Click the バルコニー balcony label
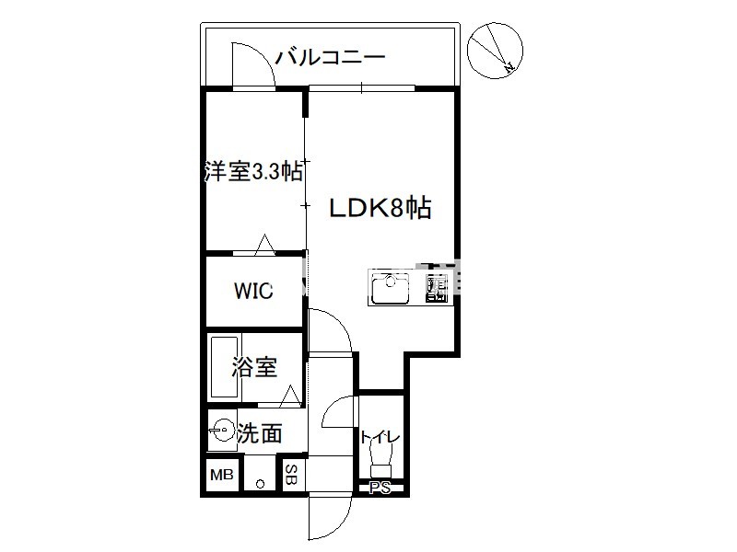tap(330, 57)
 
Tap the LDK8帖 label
tap(380, 208)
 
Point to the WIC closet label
tap(253, 291)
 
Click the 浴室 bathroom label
tap(254, 367)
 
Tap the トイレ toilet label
tap(380, 438)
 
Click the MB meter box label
tap(222, 475)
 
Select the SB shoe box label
tap(292, 474)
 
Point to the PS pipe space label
tap(380, 489)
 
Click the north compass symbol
tap(495, 51)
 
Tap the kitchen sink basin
tap(390, 288)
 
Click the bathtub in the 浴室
tap(224, 367)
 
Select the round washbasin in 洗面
tap(223, 429)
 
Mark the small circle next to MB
tap(260, 484)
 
